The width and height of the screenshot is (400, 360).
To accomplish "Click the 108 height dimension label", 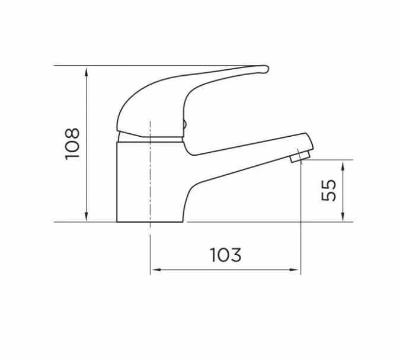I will (72, 143).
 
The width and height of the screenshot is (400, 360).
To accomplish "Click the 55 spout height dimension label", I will (329, 190).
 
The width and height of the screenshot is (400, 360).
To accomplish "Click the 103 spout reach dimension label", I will (226, 255).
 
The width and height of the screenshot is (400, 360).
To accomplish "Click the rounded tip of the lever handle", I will (263, 70).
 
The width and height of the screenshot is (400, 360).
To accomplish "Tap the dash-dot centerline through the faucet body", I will (151, 178).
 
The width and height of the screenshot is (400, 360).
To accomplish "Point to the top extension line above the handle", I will (148, 65).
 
